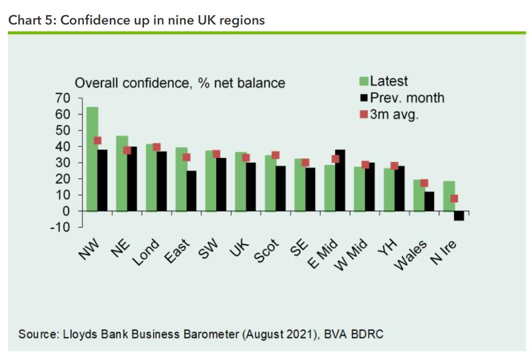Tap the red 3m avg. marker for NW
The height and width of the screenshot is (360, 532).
coord(97,141)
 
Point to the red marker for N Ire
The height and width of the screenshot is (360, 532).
coord(454,198)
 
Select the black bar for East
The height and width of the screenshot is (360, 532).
coord(192,191)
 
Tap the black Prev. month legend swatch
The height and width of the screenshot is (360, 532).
coord(364,98)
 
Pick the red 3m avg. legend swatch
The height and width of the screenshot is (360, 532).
coord(364,115)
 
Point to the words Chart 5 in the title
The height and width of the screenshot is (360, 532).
coord(28,21)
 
